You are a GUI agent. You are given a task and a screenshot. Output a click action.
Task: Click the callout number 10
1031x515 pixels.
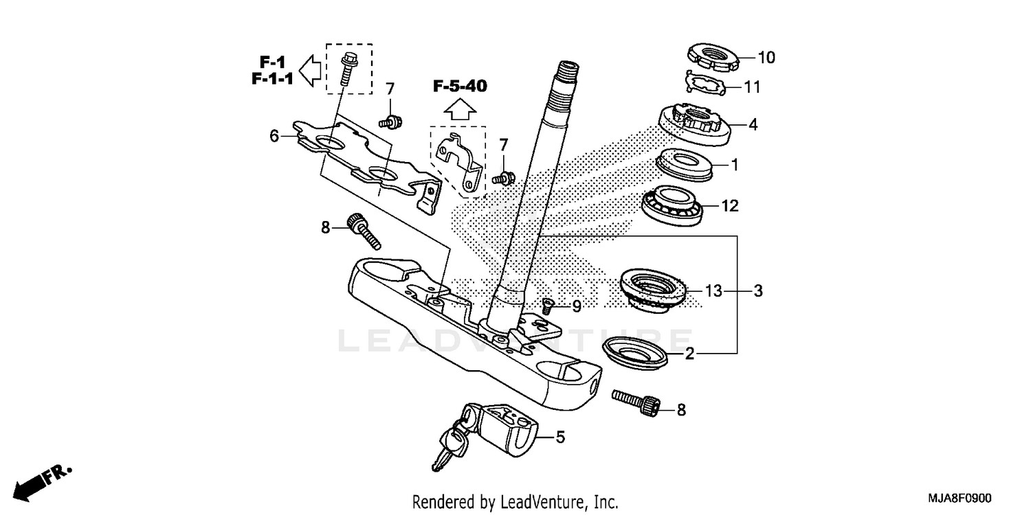(x=766, y=58)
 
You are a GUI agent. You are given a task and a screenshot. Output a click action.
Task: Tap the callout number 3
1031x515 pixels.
(x=757, y=291)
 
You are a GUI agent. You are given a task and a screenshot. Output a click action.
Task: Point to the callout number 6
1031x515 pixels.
(x=274, y=136)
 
